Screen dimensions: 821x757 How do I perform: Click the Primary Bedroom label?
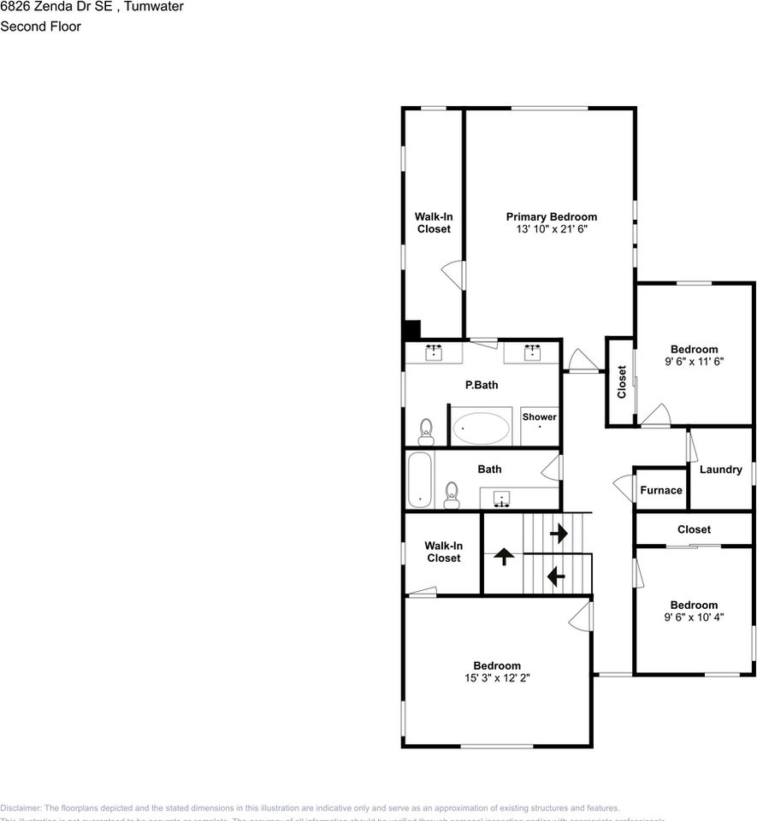[x=551, y=217]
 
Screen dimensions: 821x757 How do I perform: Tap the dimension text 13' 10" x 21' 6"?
[x=551, y=230]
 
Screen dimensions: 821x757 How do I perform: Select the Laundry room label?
[x=720, y=470]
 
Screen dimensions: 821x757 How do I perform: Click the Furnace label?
[x=661, y=490]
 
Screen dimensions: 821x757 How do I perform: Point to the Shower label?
[x=540, y=417]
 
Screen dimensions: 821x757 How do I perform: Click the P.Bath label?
[x=482, y=385]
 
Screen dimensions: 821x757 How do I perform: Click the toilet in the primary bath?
[x=426, y=431]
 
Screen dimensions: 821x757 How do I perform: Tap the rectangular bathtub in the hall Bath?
[x=419, y=480]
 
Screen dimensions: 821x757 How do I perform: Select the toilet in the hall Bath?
[x=452, y=493]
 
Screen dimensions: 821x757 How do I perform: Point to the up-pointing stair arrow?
[x=504, y=557]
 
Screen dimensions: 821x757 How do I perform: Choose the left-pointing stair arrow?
[x=556, y=576]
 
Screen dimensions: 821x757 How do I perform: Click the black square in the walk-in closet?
[x=411, y=330]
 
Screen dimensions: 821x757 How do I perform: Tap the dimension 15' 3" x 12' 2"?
[x=496, y=678]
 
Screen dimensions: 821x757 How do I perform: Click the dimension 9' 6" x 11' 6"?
[x=694, y=362]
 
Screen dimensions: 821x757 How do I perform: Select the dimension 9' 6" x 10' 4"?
[x=694, y=617]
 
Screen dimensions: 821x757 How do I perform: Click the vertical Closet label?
[x=622, y=382]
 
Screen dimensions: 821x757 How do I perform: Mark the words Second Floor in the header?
[x=40, y=27]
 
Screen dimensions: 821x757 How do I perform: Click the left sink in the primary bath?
[x=435, y=351]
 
